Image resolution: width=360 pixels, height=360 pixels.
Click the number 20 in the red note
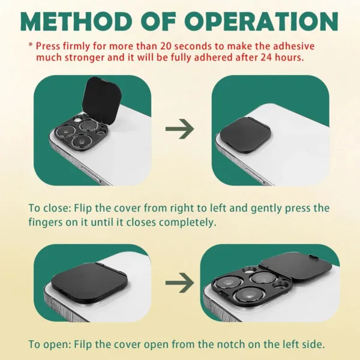166,46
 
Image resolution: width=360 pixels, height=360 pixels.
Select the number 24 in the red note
266,58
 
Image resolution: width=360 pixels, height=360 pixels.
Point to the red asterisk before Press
31,44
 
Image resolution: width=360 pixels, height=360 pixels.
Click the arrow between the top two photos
179,129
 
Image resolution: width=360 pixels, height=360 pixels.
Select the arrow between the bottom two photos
179,283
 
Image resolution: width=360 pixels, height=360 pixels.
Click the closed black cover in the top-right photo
245,135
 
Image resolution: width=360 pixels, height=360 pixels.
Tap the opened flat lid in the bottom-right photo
298,268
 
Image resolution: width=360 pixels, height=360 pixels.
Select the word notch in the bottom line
230,344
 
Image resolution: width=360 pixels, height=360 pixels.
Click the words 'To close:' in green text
49,208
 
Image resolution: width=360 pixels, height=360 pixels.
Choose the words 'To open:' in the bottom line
50,344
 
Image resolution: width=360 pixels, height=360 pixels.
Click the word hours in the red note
289,58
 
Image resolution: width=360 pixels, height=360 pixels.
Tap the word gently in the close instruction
266,208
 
